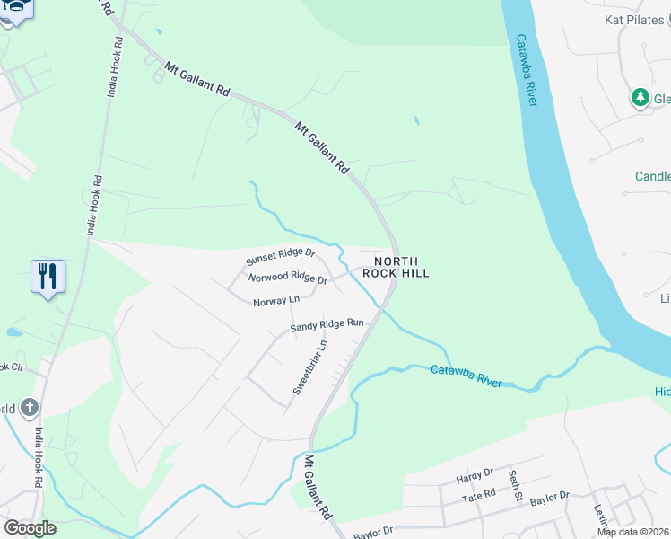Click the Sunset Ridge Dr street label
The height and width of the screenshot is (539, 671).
(x=280, y=256)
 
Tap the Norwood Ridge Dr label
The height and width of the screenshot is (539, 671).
(x=288, y=278)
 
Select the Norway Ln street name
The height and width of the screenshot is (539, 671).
(x=275, y=302)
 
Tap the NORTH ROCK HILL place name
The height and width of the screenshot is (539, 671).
(x=396, y=266)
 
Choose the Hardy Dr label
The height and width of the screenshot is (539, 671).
(x=475, y=473)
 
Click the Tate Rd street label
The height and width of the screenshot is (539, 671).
(x=478, y=495)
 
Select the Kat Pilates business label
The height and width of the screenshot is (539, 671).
(x=634, y=19)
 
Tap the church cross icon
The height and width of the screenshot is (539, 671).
(x=30, y=408)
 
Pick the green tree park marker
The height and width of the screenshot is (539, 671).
(x=640, y=97)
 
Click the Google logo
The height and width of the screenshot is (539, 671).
(x=29, y=528)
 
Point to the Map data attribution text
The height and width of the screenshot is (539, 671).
(x=632, y=532)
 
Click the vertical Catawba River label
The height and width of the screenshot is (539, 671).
(x=527, y=72)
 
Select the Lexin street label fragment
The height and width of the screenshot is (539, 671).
(x=599, y=513)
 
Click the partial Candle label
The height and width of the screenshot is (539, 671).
(x=652, y=177)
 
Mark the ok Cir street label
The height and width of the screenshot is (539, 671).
(x=11, y=367)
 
